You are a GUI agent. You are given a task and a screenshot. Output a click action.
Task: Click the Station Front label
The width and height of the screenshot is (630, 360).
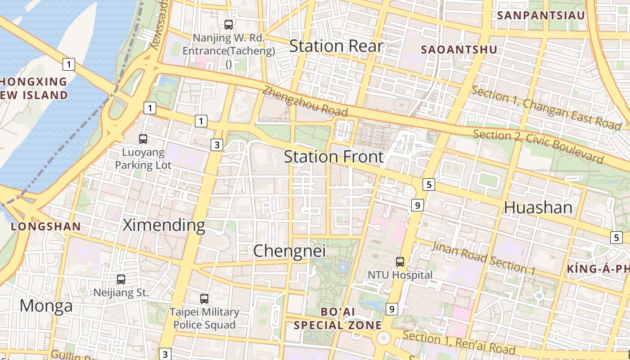pos(333,157)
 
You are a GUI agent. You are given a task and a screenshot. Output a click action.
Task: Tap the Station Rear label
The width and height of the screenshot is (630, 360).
pos(336,46)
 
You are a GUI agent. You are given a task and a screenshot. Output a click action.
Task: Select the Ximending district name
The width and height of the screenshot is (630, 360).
pos(164,225)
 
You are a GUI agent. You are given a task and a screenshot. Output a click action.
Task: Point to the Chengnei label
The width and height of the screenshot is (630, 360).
pos(289,251)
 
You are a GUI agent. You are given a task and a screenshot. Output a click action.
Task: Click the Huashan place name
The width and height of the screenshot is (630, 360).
pos(538,207)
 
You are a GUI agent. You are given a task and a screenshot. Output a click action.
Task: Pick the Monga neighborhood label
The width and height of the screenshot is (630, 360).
pos(46,306)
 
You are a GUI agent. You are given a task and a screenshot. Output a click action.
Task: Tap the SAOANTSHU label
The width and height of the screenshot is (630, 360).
pos(459,49)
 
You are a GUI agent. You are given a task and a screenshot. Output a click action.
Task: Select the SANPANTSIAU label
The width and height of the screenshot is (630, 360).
pos(541,15)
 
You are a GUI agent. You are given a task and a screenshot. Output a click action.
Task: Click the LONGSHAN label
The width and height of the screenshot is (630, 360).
pos(46,226)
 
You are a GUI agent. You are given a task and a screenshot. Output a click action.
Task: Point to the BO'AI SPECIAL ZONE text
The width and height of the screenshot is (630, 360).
pos(337,318)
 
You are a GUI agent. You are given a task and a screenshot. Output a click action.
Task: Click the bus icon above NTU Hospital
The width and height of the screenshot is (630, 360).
pos(400,261)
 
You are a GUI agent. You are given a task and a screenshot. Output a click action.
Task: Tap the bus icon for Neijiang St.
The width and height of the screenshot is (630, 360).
pos(121,279)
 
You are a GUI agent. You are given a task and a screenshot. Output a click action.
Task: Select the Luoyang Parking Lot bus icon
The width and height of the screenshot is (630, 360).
pos(143,139)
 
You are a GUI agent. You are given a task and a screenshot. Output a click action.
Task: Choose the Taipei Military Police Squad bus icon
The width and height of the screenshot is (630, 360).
pos(204,298)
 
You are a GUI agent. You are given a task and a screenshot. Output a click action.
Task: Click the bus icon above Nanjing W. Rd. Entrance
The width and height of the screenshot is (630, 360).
pos(229,25)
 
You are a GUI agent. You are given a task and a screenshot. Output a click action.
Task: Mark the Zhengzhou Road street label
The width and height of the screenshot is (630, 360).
pos(305,101)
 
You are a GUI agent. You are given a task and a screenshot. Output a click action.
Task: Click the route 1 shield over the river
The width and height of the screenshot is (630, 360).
pos(68,64)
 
